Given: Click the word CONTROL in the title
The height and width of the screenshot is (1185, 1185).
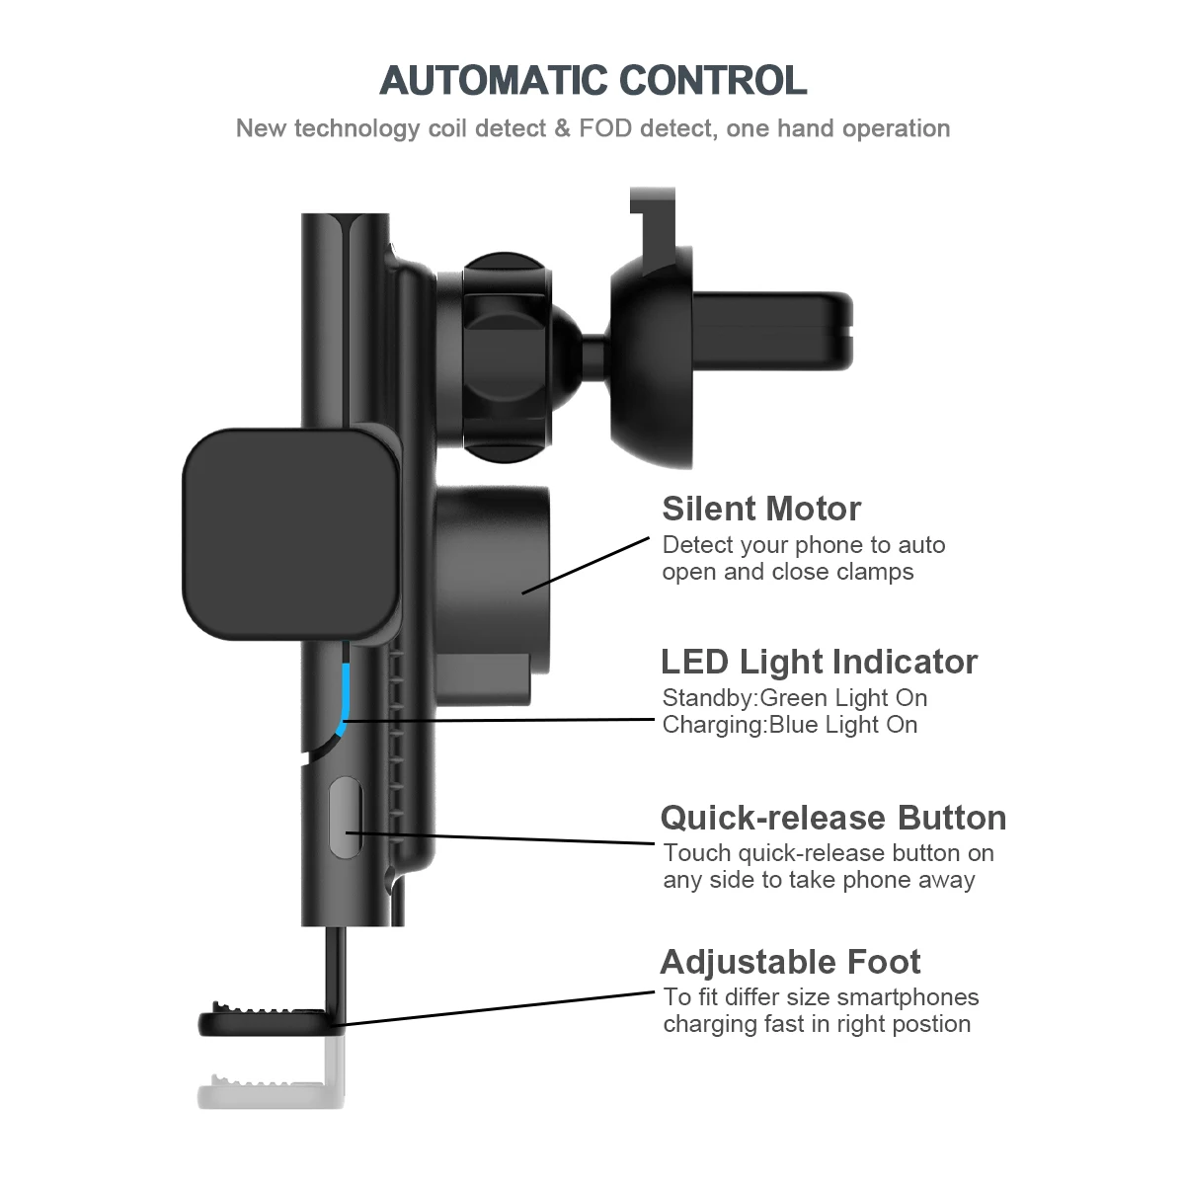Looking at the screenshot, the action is (713, 81).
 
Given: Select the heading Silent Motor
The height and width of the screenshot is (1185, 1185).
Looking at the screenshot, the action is (761, 509).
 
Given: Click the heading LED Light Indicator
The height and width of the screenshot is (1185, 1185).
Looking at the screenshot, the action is (819, 662).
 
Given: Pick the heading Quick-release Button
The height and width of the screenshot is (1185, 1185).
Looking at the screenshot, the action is (833, 818).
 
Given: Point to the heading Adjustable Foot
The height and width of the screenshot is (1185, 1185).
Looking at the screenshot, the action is (790, 962).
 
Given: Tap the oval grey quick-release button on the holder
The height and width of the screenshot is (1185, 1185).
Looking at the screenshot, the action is (346, 818).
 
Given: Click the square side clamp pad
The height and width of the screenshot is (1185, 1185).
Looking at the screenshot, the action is (290, 534).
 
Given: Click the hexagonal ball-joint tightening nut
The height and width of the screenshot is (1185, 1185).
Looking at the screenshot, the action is (505, 356).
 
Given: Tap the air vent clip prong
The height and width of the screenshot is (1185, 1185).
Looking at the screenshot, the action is (772, 332).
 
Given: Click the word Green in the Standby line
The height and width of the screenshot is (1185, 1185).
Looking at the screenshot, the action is (793, 698).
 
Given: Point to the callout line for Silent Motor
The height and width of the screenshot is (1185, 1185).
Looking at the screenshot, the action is (586, 565).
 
